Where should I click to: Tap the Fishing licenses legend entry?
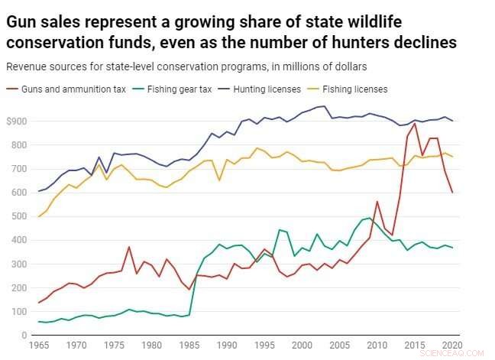(354, 89)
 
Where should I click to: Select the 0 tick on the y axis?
(24, 336)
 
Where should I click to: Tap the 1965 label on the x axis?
(37, 345)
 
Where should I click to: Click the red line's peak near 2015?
(413, 123)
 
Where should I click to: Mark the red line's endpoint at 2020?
(453, 193)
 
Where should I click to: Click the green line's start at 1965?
(38, 322)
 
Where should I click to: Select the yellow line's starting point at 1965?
(38, 216)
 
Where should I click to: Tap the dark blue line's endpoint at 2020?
(453, 121)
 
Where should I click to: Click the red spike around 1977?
(129, 247)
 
